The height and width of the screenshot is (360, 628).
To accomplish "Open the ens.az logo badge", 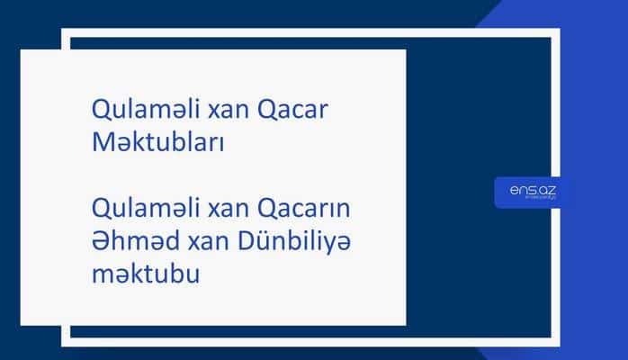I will click(531, 192).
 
